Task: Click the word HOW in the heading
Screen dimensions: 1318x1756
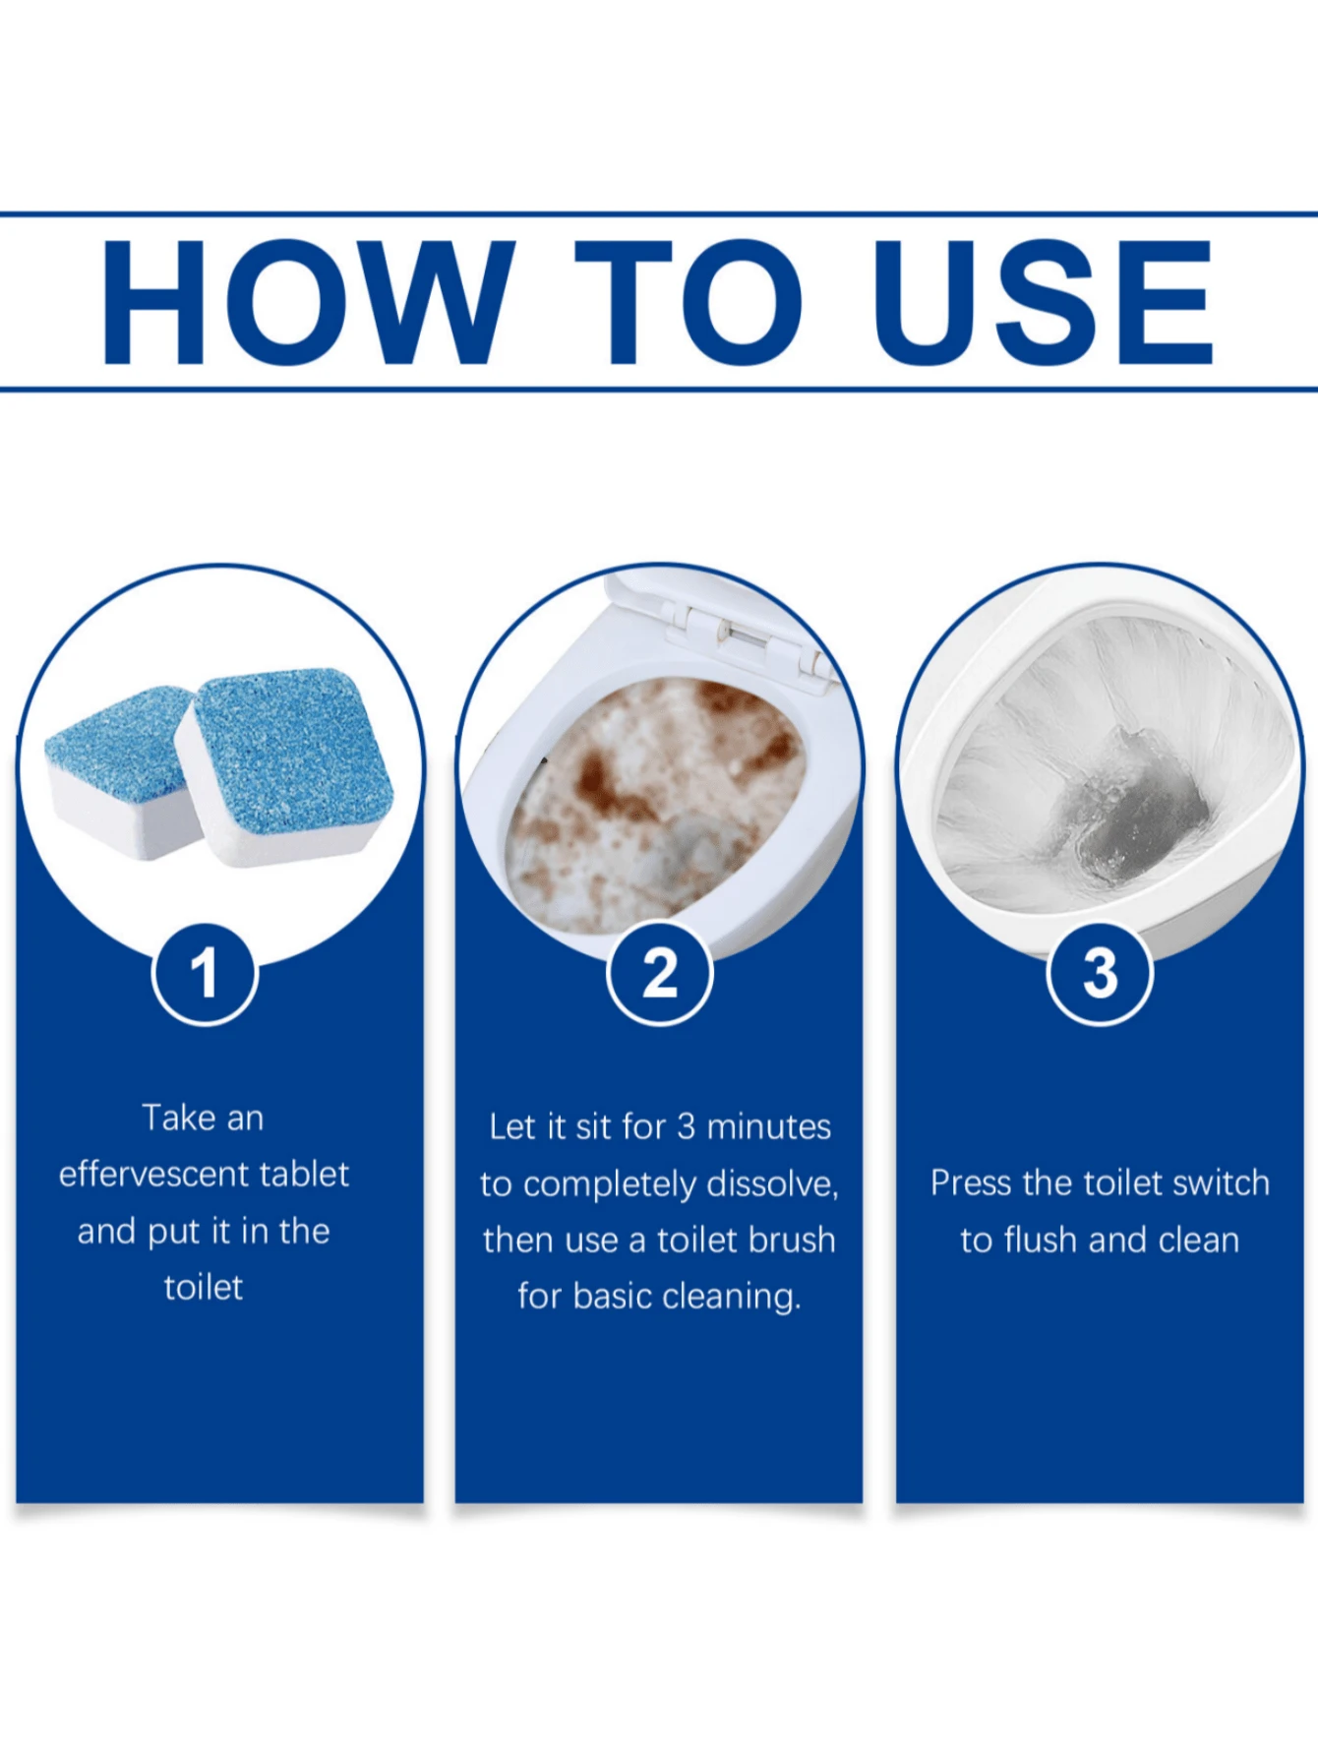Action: [x=308, y=302]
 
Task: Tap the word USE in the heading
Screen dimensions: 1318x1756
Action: [x=1043, y=302]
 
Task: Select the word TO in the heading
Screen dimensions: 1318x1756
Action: [x=689, y=302]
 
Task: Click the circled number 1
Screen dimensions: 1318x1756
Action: [x=205, y=973]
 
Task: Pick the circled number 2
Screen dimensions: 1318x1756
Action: [x=660, y=973]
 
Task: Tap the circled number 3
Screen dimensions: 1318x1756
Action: [x=1100, y=973]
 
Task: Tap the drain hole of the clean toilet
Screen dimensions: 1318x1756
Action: [x=1131, y=807]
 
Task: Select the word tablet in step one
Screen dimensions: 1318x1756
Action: [x=305, y=1174]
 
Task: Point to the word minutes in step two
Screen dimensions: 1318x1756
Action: [x=769, y=1126]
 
